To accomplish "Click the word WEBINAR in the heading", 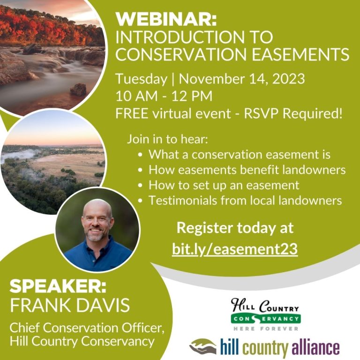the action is (x=166, y=19).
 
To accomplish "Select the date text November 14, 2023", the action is (x=242, y=79).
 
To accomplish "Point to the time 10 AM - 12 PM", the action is (x=164, y=96).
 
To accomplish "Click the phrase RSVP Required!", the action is (x=293, y=113).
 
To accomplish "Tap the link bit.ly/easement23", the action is (x=235, y=249).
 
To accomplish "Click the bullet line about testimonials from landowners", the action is (x=245, y=200).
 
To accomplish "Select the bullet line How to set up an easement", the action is (x=224, y=185).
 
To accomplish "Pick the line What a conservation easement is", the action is (x=240, y=155).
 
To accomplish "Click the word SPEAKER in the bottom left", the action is (x=58, y=286).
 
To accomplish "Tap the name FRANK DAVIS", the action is (x=70, y=305).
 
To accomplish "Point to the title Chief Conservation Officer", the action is (x=87, y=328).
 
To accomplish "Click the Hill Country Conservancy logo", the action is (x=266, y=315).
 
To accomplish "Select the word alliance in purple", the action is (x=315, y=347).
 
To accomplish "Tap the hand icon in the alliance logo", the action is (x=203, y=346).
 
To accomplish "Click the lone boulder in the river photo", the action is (x=78, y=90).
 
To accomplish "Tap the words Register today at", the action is (x=235, y=228).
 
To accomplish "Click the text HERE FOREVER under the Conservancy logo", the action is (x=266, y=329).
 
